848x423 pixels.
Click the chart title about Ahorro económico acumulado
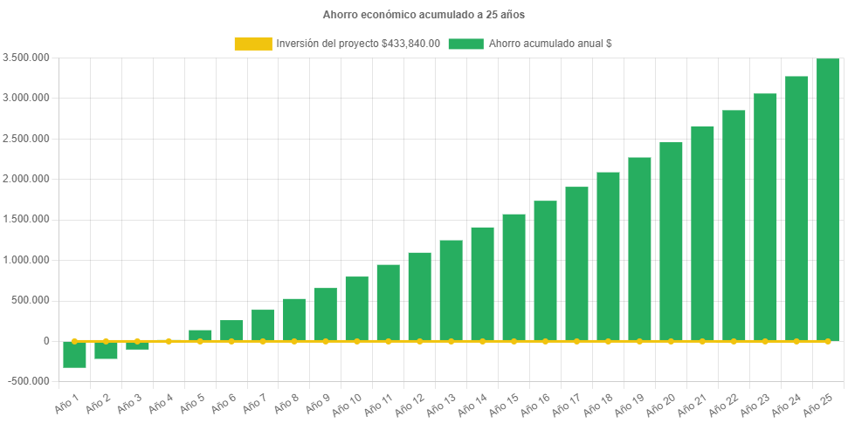tap(424, 15)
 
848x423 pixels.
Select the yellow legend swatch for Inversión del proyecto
tap(252, 44)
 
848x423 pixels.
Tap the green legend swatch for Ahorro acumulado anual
tap(465, 44)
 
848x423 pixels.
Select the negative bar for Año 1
tap(74, 354)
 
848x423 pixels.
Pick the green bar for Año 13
tap(451, 290)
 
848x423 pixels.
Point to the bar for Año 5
tap(200, 335)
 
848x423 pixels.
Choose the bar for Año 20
tap(671, 241)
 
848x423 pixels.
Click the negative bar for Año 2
tap(106, 350)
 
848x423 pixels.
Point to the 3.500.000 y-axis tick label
tap(26, 58)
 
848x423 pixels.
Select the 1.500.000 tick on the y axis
tap(26, 219)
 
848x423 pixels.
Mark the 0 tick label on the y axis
tap(45, 341)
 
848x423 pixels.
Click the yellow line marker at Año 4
tap(169, 341)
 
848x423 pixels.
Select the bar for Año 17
tap(576, 263)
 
